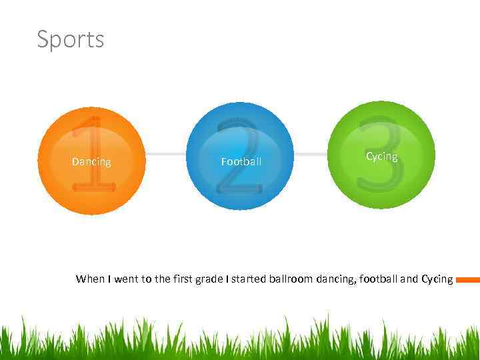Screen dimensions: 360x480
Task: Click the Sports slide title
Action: point(70,39)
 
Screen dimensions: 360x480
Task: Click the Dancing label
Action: point(91,162)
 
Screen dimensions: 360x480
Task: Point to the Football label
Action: point(241,162)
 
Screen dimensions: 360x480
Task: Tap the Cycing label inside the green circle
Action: point(381,157)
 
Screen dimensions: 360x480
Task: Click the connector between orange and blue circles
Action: point(165,154)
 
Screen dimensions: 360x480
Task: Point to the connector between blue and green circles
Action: point(311,154)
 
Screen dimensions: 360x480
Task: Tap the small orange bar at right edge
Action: point(468,280)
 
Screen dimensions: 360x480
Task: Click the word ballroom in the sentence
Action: point(291,279)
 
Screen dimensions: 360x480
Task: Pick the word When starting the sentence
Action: point(90,279)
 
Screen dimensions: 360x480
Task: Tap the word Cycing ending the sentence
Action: point(437,279)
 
